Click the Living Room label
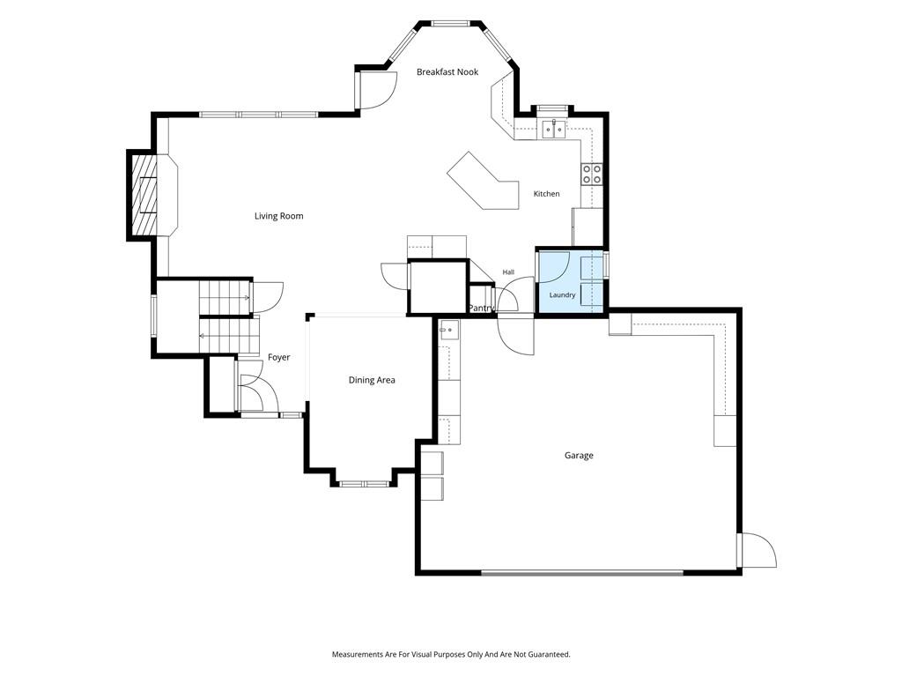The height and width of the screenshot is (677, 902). point(278,216)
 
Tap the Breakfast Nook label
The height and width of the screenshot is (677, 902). point(447,72)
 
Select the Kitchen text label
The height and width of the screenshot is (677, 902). point(546,194)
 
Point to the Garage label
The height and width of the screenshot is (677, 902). point(579,456)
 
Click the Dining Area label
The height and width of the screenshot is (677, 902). point(372,380)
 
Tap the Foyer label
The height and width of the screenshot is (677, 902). point(279,358)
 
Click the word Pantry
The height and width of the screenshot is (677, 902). point(480,309)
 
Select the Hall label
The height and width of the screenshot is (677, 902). point(508,272)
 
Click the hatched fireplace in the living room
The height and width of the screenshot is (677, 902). point(144,195)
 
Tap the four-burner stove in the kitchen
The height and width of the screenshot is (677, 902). point(591,174)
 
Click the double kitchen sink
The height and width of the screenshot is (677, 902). point(553,129)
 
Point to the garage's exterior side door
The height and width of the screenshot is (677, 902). point(757,551)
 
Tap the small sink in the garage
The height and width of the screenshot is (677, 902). point(448,331)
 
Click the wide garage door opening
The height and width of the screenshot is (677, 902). point(582,573)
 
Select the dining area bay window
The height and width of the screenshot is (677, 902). point(364,484)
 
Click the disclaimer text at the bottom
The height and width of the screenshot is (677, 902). point(451,655)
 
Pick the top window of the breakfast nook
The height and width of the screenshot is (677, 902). point(452,24)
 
